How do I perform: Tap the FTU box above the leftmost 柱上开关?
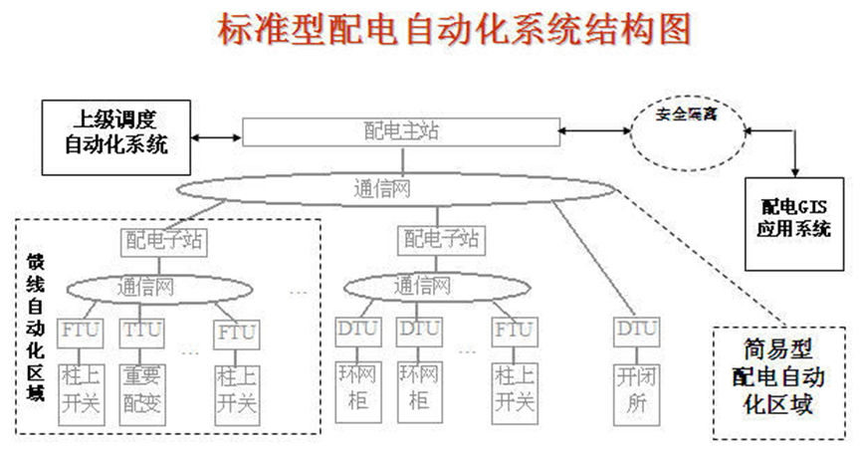pos(76,330)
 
